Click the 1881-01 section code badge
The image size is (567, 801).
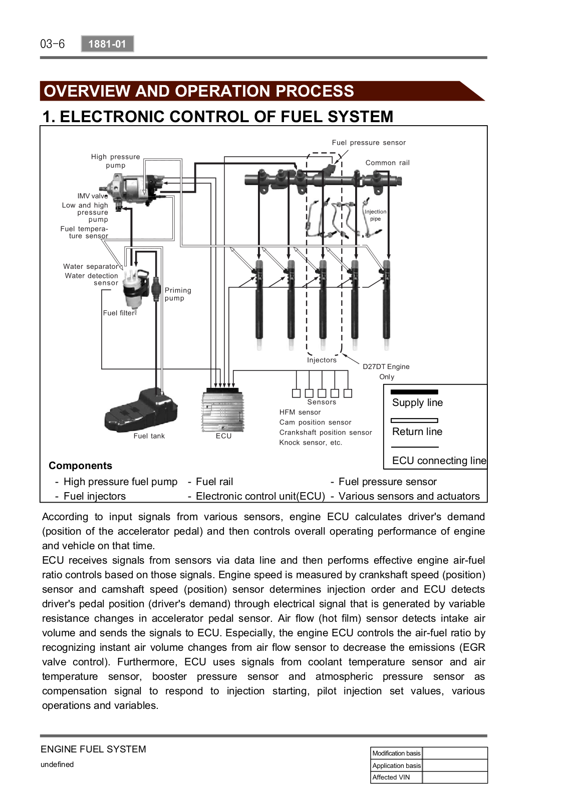tap(107, 44)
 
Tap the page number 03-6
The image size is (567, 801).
tap(53, 44)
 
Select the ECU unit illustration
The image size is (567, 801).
tap(223, 411)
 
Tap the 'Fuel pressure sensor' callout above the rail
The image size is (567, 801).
tap(369, 143)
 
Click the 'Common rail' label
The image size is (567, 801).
tap(387, 163)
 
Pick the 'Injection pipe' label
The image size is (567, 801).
tap(376, 215)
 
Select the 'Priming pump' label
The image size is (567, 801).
tap(177, 294)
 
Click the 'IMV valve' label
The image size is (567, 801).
tap(92, 196)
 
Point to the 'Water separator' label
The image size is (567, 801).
tap(91, 267)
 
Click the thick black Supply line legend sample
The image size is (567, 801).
tap(414, 392)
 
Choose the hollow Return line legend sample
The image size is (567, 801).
tap(414, 421)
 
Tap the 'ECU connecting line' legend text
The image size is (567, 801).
tap(439, 461)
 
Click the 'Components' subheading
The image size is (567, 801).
tap(80, 466)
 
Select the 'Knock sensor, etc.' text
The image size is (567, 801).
tap(311, 443)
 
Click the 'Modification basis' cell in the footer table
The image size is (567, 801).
tap(396, 753)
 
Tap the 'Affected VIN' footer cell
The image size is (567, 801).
tap(391, 777)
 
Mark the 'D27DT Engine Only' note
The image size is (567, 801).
tap(386, 371)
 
